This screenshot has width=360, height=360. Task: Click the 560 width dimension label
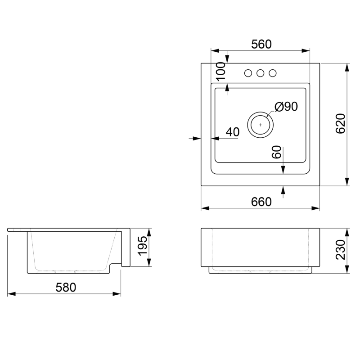tap(261, 44)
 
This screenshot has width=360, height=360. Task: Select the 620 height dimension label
tap(341, 123)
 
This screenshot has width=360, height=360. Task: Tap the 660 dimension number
tap(261, 202)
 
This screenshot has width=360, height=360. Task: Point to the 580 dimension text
tap(66, 288)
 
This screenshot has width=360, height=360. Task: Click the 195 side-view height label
tap(143, 246)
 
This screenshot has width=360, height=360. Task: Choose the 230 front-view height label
tap(341, 250)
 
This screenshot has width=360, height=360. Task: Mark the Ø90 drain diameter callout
tap(286, 107)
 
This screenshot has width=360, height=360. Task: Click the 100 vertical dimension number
tap(221, 72)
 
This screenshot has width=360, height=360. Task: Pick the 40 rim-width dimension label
tap(233, 132)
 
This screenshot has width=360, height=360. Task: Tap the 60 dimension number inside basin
tap(276, 152)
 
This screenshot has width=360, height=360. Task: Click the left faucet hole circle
tap(248, 73)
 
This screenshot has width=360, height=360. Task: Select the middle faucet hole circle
tap(261, 73)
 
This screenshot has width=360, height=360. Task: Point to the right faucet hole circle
tap(273, 73)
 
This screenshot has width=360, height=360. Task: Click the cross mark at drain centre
tap(260, 125)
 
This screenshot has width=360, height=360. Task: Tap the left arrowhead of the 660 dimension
tap(205, 208)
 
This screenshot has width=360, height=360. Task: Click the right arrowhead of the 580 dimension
tap(117, 294)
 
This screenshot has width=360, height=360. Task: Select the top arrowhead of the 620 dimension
tap(347, 67)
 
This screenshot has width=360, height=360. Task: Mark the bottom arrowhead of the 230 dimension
tap(347, 269)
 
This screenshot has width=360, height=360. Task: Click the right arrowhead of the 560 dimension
tap(306, 51)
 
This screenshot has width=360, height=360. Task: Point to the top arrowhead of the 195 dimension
tap(149, 233)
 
